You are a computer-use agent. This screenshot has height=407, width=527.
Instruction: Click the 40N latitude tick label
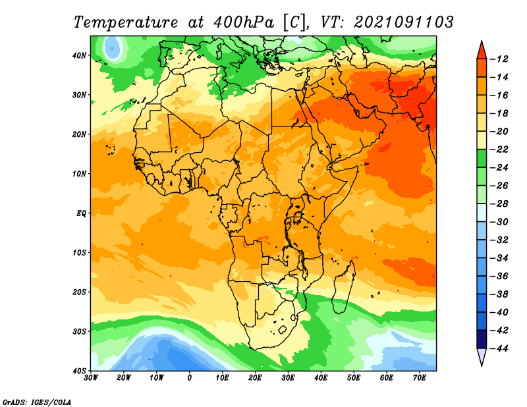79,55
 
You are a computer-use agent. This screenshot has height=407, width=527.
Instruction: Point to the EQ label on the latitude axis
81,213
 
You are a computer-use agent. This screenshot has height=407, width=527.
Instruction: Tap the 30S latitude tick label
79,332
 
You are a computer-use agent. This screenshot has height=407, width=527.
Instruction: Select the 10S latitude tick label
79,253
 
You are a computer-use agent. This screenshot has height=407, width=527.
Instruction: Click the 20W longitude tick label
124,378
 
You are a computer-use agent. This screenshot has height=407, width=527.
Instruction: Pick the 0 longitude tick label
190,378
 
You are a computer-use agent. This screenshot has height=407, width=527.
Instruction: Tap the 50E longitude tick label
354,378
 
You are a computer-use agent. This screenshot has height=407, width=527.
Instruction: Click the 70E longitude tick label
420,378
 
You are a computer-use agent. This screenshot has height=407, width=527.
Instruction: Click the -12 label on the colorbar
499,59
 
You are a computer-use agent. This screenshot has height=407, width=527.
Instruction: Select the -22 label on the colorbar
499,150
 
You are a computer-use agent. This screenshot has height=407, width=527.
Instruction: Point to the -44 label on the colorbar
499,349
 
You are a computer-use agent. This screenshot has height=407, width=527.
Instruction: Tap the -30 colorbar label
499,222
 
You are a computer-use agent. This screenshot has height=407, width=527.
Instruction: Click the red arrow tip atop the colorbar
482,41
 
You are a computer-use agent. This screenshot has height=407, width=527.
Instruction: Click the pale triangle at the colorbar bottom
482,356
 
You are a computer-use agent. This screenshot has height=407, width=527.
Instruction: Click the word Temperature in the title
126,22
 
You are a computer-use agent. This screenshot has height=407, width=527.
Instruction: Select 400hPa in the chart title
244,22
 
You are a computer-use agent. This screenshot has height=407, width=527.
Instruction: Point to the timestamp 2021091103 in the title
404,22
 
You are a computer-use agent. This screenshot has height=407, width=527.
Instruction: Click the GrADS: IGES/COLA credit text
37,402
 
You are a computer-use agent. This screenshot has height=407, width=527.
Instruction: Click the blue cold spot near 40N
113,48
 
